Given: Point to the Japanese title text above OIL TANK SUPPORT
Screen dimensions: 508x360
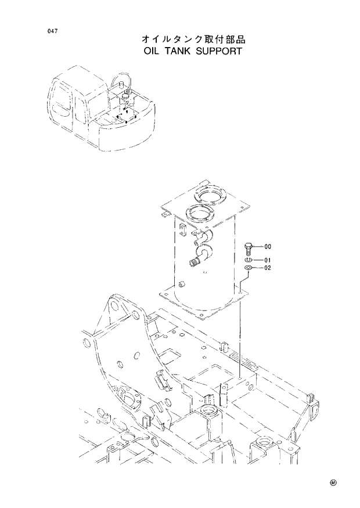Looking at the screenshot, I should (194, 39).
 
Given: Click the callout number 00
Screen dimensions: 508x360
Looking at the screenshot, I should (268, 246).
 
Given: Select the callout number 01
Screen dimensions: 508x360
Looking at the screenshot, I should (268, 260).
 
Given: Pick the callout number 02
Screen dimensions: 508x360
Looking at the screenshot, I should (268, 268).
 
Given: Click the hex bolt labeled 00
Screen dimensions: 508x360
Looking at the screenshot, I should (249, 248).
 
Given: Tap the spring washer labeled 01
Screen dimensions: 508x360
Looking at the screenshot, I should (249, 260).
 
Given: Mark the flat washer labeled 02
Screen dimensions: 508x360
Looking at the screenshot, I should (249, 268).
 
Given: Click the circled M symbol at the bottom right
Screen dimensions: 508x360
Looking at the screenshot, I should (333, 482).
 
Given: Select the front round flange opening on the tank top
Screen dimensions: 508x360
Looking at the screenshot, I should (201, 214).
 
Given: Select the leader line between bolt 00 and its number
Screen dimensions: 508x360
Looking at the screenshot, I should (258, 246).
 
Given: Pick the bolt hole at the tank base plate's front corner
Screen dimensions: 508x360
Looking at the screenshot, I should (201, 316).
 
